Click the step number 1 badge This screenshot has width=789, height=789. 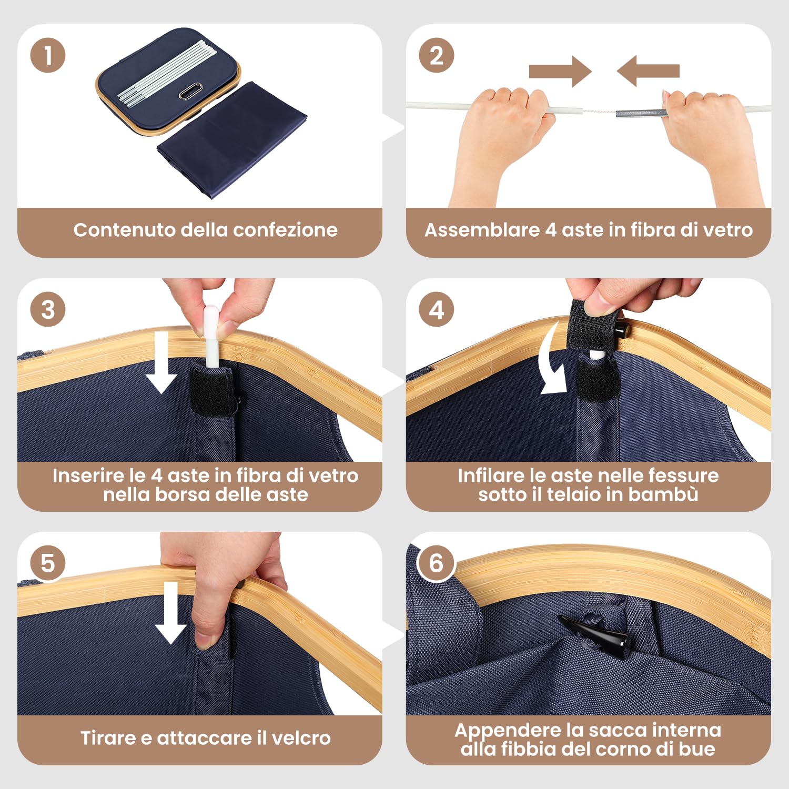48,55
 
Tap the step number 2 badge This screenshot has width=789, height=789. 437,55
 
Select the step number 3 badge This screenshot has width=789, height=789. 48,309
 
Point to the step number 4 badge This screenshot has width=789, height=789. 437,309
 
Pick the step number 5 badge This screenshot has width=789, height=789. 48,563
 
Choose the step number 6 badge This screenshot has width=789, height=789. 437,563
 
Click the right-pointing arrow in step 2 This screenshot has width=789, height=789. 560,71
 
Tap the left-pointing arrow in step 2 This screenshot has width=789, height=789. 648,71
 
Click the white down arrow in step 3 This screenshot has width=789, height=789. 161,362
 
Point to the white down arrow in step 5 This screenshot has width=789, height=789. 170,613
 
